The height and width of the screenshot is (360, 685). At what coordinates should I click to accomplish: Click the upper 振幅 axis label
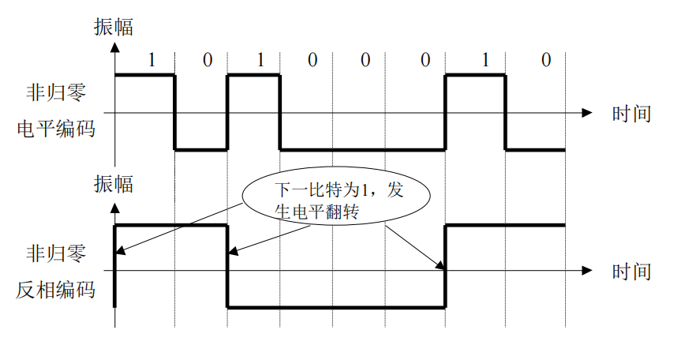113,26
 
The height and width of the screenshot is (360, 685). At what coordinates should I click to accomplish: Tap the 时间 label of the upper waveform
631,114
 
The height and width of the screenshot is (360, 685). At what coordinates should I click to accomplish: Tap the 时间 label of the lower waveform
631,272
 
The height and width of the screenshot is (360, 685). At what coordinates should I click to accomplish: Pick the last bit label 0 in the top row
545,60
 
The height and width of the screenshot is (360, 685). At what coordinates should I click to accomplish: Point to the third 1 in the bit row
485,60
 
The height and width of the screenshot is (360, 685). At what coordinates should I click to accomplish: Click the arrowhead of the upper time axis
586,113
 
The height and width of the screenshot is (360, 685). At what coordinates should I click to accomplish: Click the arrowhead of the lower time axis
586,271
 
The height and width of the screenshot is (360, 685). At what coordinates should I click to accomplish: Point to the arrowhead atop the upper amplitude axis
115,47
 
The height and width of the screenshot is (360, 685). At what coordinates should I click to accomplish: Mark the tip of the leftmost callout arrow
118,253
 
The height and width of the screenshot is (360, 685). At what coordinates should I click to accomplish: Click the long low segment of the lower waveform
335,307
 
